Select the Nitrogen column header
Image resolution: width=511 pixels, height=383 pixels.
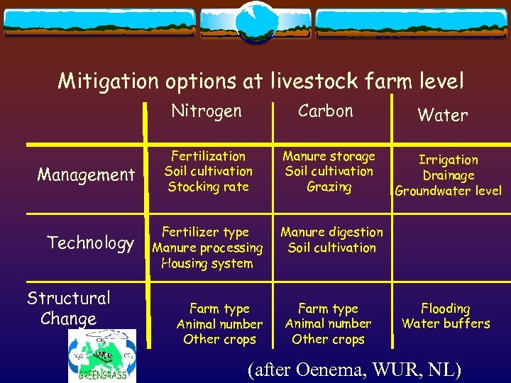pos(207,111)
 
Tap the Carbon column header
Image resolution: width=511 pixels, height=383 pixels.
pos(325,111)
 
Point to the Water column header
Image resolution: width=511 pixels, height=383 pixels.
pos(442,115)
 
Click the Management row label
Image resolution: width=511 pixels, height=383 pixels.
pos(86,174)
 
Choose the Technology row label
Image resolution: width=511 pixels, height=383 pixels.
pos(90,243)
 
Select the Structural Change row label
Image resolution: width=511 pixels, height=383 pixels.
pos(69,308)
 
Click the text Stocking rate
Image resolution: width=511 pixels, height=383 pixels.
pos(208,187)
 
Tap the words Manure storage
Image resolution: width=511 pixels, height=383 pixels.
pos(329,156)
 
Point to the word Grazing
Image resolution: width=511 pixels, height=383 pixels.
pos(329,187)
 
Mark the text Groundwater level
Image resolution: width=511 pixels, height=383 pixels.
pos(448,191)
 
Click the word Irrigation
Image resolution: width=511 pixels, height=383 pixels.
pos(448,160)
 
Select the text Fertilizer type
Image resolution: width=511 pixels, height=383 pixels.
pos(205,233)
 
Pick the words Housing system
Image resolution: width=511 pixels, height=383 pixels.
pos(207,264)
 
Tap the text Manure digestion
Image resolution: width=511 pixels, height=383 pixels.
pos(331,233)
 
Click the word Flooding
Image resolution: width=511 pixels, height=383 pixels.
pos(445,309)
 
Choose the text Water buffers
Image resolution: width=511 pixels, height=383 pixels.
pos(446,324)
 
